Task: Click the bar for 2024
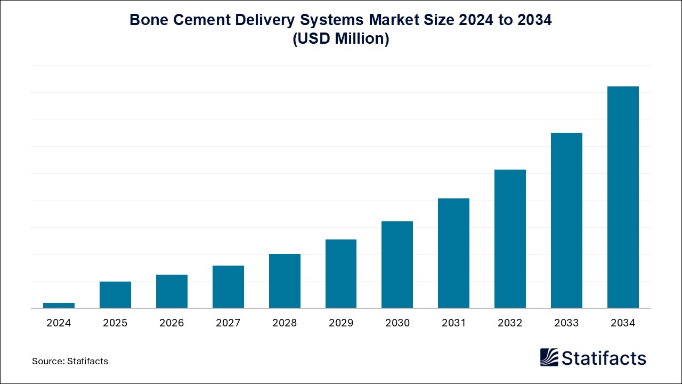pos(59,305)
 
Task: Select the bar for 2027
pos(228,286)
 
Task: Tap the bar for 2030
pos(397,265)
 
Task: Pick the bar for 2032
pos(510,238)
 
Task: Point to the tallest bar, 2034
pos(623,197)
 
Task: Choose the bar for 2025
pos(115,294)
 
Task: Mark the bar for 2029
pos(341,274)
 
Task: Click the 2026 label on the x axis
pos(172,323)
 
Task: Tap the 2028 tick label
pos(285,323)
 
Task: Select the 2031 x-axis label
pos(453,323)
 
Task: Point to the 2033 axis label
pos(566,323)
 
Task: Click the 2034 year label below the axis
pos(623,323)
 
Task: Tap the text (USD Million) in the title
pos(341,39)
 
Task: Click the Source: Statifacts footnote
pos(70,361)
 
